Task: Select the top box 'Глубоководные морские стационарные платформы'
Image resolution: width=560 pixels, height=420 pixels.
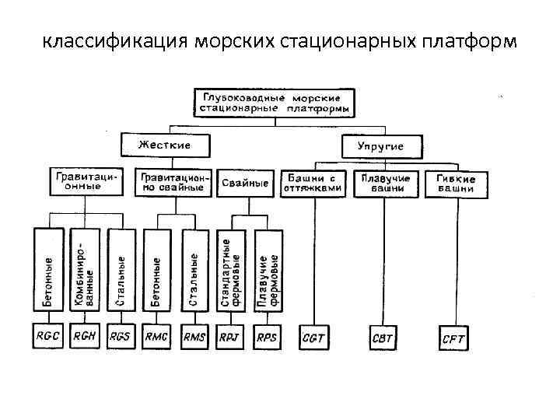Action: click(x=273, y=103)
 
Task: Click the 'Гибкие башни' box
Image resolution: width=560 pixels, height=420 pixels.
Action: click(x=456, y=184)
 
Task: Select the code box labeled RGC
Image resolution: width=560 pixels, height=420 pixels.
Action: click(x=48, y=337)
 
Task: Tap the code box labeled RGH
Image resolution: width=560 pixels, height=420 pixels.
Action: click(x=85, y=337)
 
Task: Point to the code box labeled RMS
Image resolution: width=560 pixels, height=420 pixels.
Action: click(x=194, y=337)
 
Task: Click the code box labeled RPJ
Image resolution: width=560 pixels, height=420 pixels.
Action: click(x=231, y=337)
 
